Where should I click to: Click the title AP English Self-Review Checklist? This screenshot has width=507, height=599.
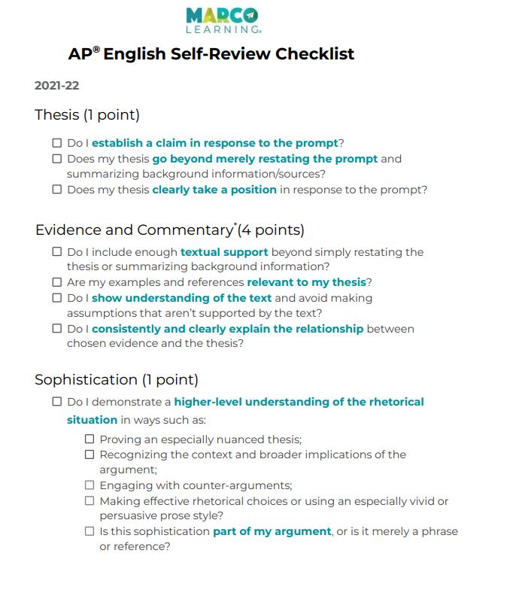pyautogui.click(x=211, y=54)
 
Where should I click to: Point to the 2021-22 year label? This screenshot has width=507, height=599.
pyautogui.click(x=56, y=86)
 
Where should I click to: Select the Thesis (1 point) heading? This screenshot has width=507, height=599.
pyautogui.click(x=87, y=115)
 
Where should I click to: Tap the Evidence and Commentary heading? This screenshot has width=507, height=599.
pyautogui.click(x=169, y=230)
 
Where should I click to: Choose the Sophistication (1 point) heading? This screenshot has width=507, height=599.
pyautogui.click(x=117, y=380)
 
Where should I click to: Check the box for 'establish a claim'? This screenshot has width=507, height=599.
pyautogui.click(x=57, y=143)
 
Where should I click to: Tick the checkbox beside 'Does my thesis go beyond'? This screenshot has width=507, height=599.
pyautogui.click(x=57, y=159)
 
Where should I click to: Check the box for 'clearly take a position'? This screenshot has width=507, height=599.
pyautogui.click(x=57, y=190)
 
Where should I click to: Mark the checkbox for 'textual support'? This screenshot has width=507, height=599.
pyautogui.click(x=57, y=252)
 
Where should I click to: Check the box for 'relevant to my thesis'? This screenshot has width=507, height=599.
pyautogui.click(x=57, y=282)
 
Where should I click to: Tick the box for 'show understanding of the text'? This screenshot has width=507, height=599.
pyautogui.click(x=57, y=298)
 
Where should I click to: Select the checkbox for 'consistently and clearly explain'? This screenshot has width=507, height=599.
pyautogui.click(x=57, y=329)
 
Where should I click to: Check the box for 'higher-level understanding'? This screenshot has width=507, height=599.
pyautogui.click(x=57, y=402)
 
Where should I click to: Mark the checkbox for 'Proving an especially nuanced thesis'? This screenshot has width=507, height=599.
pyautogui.click(x=90, y=439)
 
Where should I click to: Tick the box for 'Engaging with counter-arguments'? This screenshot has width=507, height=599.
pyautogui.click(x=90, y=485)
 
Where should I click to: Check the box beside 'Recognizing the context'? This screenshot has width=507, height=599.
pyautogui.click(x=90, y=455)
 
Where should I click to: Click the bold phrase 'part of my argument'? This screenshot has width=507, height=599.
pyautogui.click(x=272, y=531)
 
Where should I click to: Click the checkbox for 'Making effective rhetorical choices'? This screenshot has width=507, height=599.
pyautogui.click(x=90, y=500)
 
